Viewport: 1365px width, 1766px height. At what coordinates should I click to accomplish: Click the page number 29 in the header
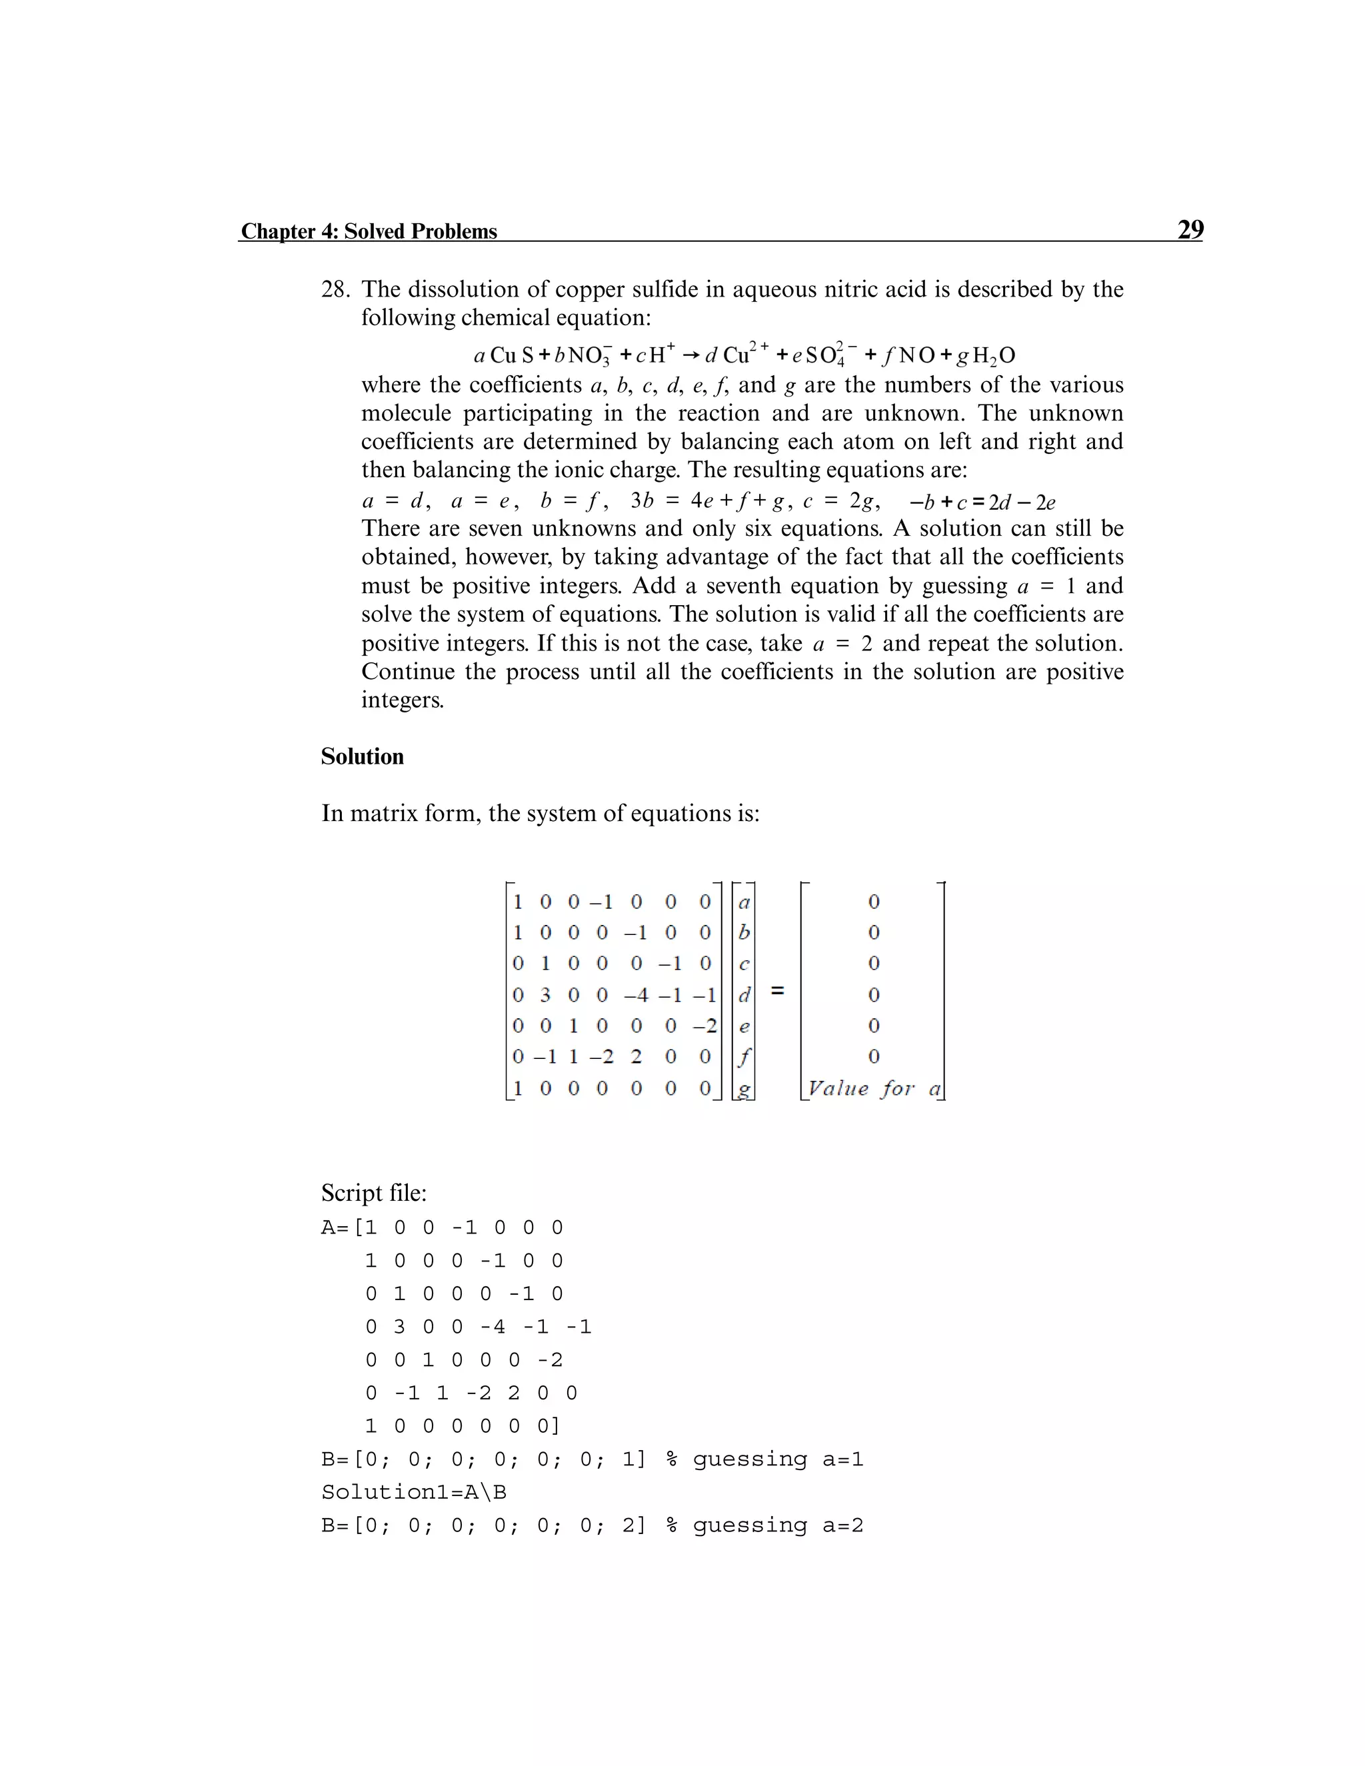(x=1190, y=230)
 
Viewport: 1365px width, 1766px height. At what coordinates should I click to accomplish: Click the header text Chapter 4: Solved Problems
(x=369, y=231)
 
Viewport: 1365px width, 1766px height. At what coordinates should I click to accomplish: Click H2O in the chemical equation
(x=993, y=356)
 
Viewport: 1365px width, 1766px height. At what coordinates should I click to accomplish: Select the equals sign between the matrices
(x=777, y=990)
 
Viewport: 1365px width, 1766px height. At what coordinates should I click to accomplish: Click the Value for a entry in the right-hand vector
(x=873, y=1088)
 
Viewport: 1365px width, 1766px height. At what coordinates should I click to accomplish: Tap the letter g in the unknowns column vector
(x=744, y=1089)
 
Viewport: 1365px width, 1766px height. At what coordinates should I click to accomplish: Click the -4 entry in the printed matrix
(x=637, y=994)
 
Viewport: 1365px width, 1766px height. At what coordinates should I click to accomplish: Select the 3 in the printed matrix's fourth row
(x=546, y=994)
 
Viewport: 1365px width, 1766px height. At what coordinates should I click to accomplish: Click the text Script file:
(x=374, y=1193)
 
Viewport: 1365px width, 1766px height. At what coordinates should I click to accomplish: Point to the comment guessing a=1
(x=777, y=1459)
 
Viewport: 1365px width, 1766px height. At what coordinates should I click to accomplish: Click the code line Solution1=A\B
(x=413, y=1492)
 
